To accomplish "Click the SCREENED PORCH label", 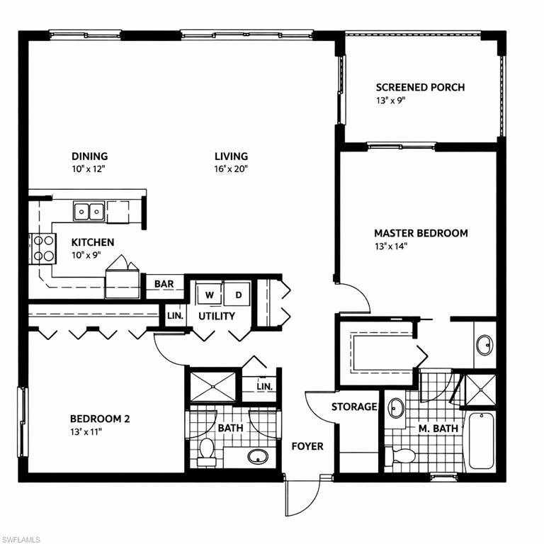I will tap(420, 88).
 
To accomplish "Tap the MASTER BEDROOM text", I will tap(421, 233).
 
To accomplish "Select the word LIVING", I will tap(232, 157).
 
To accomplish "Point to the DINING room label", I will tap(89, 157).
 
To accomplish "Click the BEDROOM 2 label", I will tap(99, 419).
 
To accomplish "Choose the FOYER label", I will tap(307, 446).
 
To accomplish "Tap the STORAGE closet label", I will tap(354, 407).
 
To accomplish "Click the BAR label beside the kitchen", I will tap(164, 284).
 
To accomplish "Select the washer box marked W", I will tap(210, 294).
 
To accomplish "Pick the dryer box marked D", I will tap(239, 294).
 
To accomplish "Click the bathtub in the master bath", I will tap(481, 441).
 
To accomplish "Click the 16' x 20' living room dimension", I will tap(232, 169).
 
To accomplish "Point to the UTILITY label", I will tap(217, 316).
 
